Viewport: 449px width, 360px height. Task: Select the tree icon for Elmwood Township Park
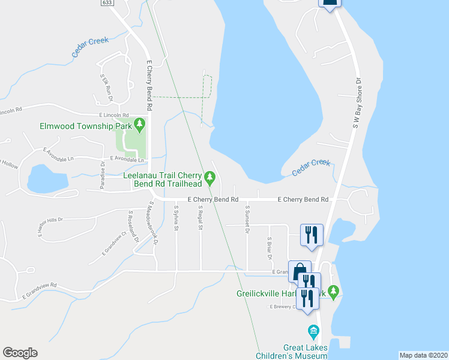[x=140, y=125]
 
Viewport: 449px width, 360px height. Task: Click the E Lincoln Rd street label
[x=114, y=115]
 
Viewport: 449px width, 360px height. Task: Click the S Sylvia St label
[x=176, y=218]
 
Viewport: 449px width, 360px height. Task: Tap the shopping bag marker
[x=298, y=271]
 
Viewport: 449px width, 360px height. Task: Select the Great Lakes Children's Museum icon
[x=313, y=331]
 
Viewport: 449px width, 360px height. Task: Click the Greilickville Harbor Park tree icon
[x=334, y=292]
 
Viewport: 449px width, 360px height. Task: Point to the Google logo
[x=20, y=353]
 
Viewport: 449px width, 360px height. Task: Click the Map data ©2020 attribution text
[x=423, y=355]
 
